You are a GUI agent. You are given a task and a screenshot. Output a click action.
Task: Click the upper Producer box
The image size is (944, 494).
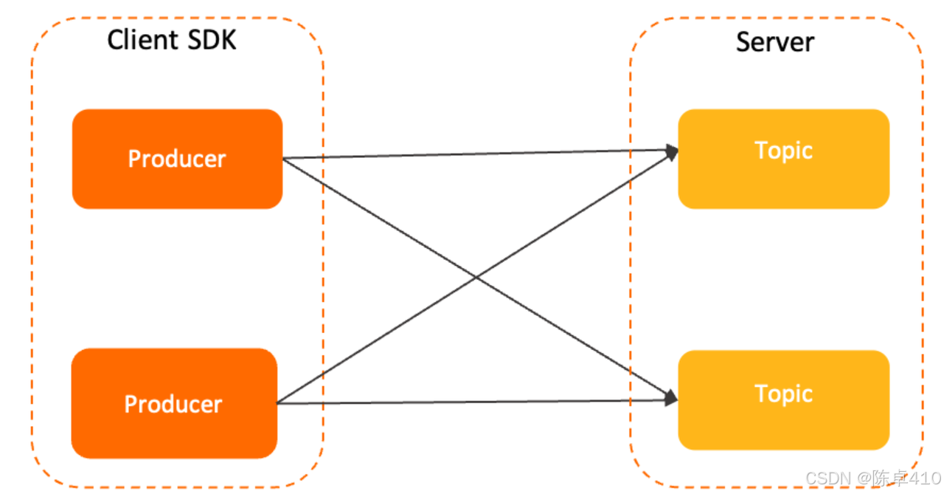(177, 159)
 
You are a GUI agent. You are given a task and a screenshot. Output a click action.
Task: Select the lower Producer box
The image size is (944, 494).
(174, 403)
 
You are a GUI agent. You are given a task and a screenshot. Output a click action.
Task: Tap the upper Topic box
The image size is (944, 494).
(783, 158)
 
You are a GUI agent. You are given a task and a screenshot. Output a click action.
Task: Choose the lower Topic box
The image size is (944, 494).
(783, 399)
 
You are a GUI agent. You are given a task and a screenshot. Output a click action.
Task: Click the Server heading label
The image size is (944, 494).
(774, 41)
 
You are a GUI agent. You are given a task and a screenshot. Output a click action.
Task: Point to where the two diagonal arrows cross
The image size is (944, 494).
(476, 278)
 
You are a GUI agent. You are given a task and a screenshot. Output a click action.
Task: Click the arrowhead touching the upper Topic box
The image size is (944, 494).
(672, 152)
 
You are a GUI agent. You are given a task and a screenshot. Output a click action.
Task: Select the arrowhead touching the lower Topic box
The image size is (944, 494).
(671, 398)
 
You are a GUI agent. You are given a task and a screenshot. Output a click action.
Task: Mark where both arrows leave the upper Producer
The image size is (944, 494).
(284, 158)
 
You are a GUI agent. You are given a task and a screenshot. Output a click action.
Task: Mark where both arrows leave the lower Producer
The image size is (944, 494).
(278, 403)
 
